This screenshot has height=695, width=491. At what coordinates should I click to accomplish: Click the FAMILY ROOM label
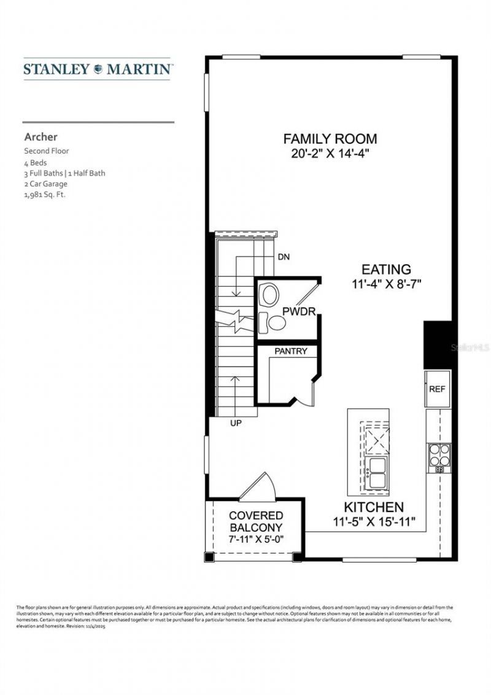click(x=330, y=139)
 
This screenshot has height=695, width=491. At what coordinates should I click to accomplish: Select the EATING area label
click(x=385, y=269)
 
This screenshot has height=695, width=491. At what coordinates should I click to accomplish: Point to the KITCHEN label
click(x=373, y=507)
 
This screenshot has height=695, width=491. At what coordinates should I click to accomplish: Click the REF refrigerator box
click(x=437, y=389)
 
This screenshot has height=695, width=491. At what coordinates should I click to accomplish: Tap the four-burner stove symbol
click(x=439, y=455)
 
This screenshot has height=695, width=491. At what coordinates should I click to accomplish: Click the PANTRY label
click(x=290, y=352)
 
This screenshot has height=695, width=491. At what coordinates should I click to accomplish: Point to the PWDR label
click(x=299, y=312)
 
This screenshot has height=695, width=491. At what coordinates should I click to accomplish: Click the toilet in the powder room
click(x=268, y=295)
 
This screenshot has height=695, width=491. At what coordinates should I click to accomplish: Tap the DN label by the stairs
click(x=284, y=256)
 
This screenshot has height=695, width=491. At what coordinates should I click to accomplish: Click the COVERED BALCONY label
click(x=256, y=521)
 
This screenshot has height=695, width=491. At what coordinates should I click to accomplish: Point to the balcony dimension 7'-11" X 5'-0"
click(x=256, y=540)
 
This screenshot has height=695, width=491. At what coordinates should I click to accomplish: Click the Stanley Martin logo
click(x=98, y=69)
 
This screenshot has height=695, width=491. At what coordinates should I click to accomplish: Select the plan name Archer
click(x=41, y=137)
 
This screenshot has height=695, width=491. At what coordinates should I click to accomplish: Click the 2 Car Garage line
click(x=45, y=184)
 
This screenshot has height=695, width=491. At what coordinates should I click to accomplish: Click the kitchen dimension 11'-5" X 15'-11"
click(x=373, y=522)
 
